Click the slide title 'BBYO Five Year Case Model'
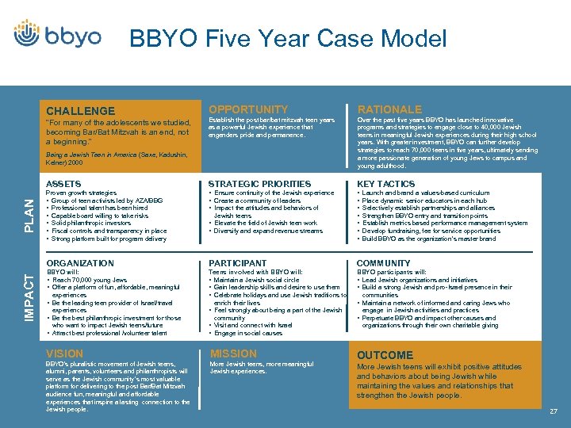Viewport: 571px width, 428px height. point(287,39)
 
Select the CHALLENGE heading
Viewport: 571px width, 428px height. point(80,111)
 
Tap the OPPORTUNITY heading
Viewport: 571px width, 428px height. point(248,109)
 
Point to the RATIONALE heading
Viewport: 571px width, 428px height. point(389,109)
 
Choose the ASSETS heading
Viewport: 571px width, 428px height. point(63,184)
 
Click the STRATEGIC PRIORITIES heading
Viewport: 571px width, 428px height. point(259,184)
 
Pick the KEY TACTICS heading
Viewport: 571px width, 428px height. point(385,184)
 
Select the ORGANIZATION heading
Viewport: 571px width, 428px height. point(80,263)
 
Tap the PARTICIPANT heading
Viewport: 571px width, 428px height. point(237,263)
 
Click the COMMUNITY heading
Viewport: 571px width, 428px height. point(383,263)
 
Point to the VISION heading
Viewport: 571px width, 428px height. point(64,353)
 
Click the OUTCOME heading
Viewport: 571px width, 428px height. point(385,355)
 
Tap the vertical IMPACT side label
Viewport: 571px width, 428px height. point(29,292)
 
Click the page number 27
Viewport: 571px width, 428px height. point(553,411)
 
